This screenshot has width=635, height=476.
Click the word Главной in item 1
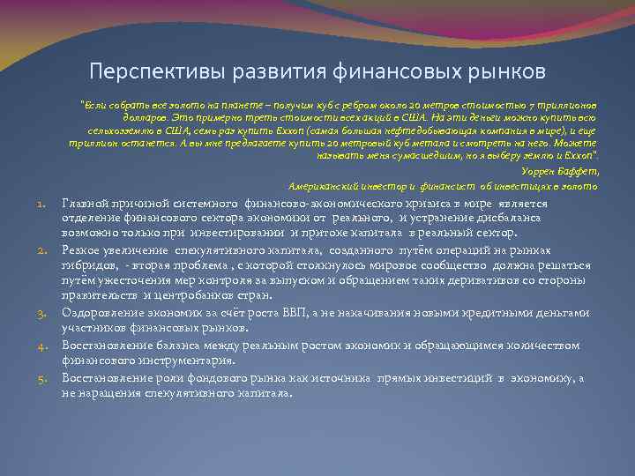(x=86, y=203)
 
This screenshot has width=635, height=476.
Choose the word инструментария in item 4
(x=159, y=361)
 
